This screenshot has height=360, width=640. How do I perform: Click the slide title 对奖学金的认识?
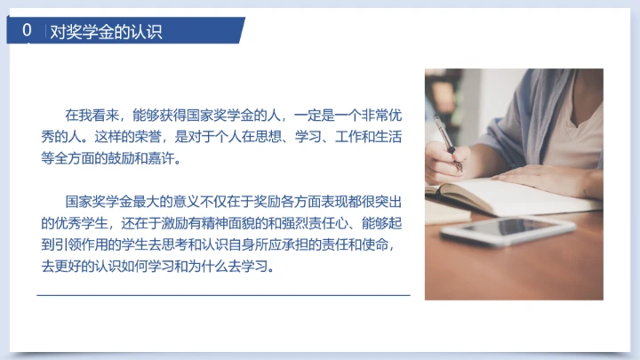tap(106, 32)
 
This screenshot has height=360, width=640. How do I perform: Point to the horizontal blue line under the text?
tap(223, 294)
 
